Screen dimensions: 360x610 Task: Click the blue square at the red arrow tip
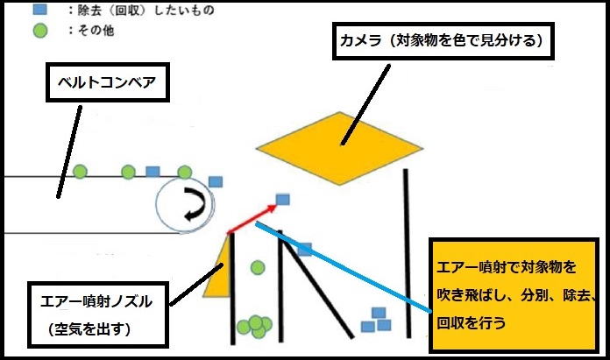282,200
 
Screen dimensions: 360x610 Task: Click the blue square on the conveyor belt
152,172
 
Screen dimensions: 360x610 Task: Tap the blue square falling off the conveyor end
216,181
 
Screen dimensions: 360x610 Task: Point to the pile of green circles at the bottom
255,326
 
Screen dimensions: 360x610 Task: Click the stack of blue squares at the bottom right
376,321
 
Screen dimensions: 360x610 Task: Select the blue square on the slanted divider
304,250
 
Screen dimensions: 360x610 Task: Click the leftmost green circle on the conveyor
80,171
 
